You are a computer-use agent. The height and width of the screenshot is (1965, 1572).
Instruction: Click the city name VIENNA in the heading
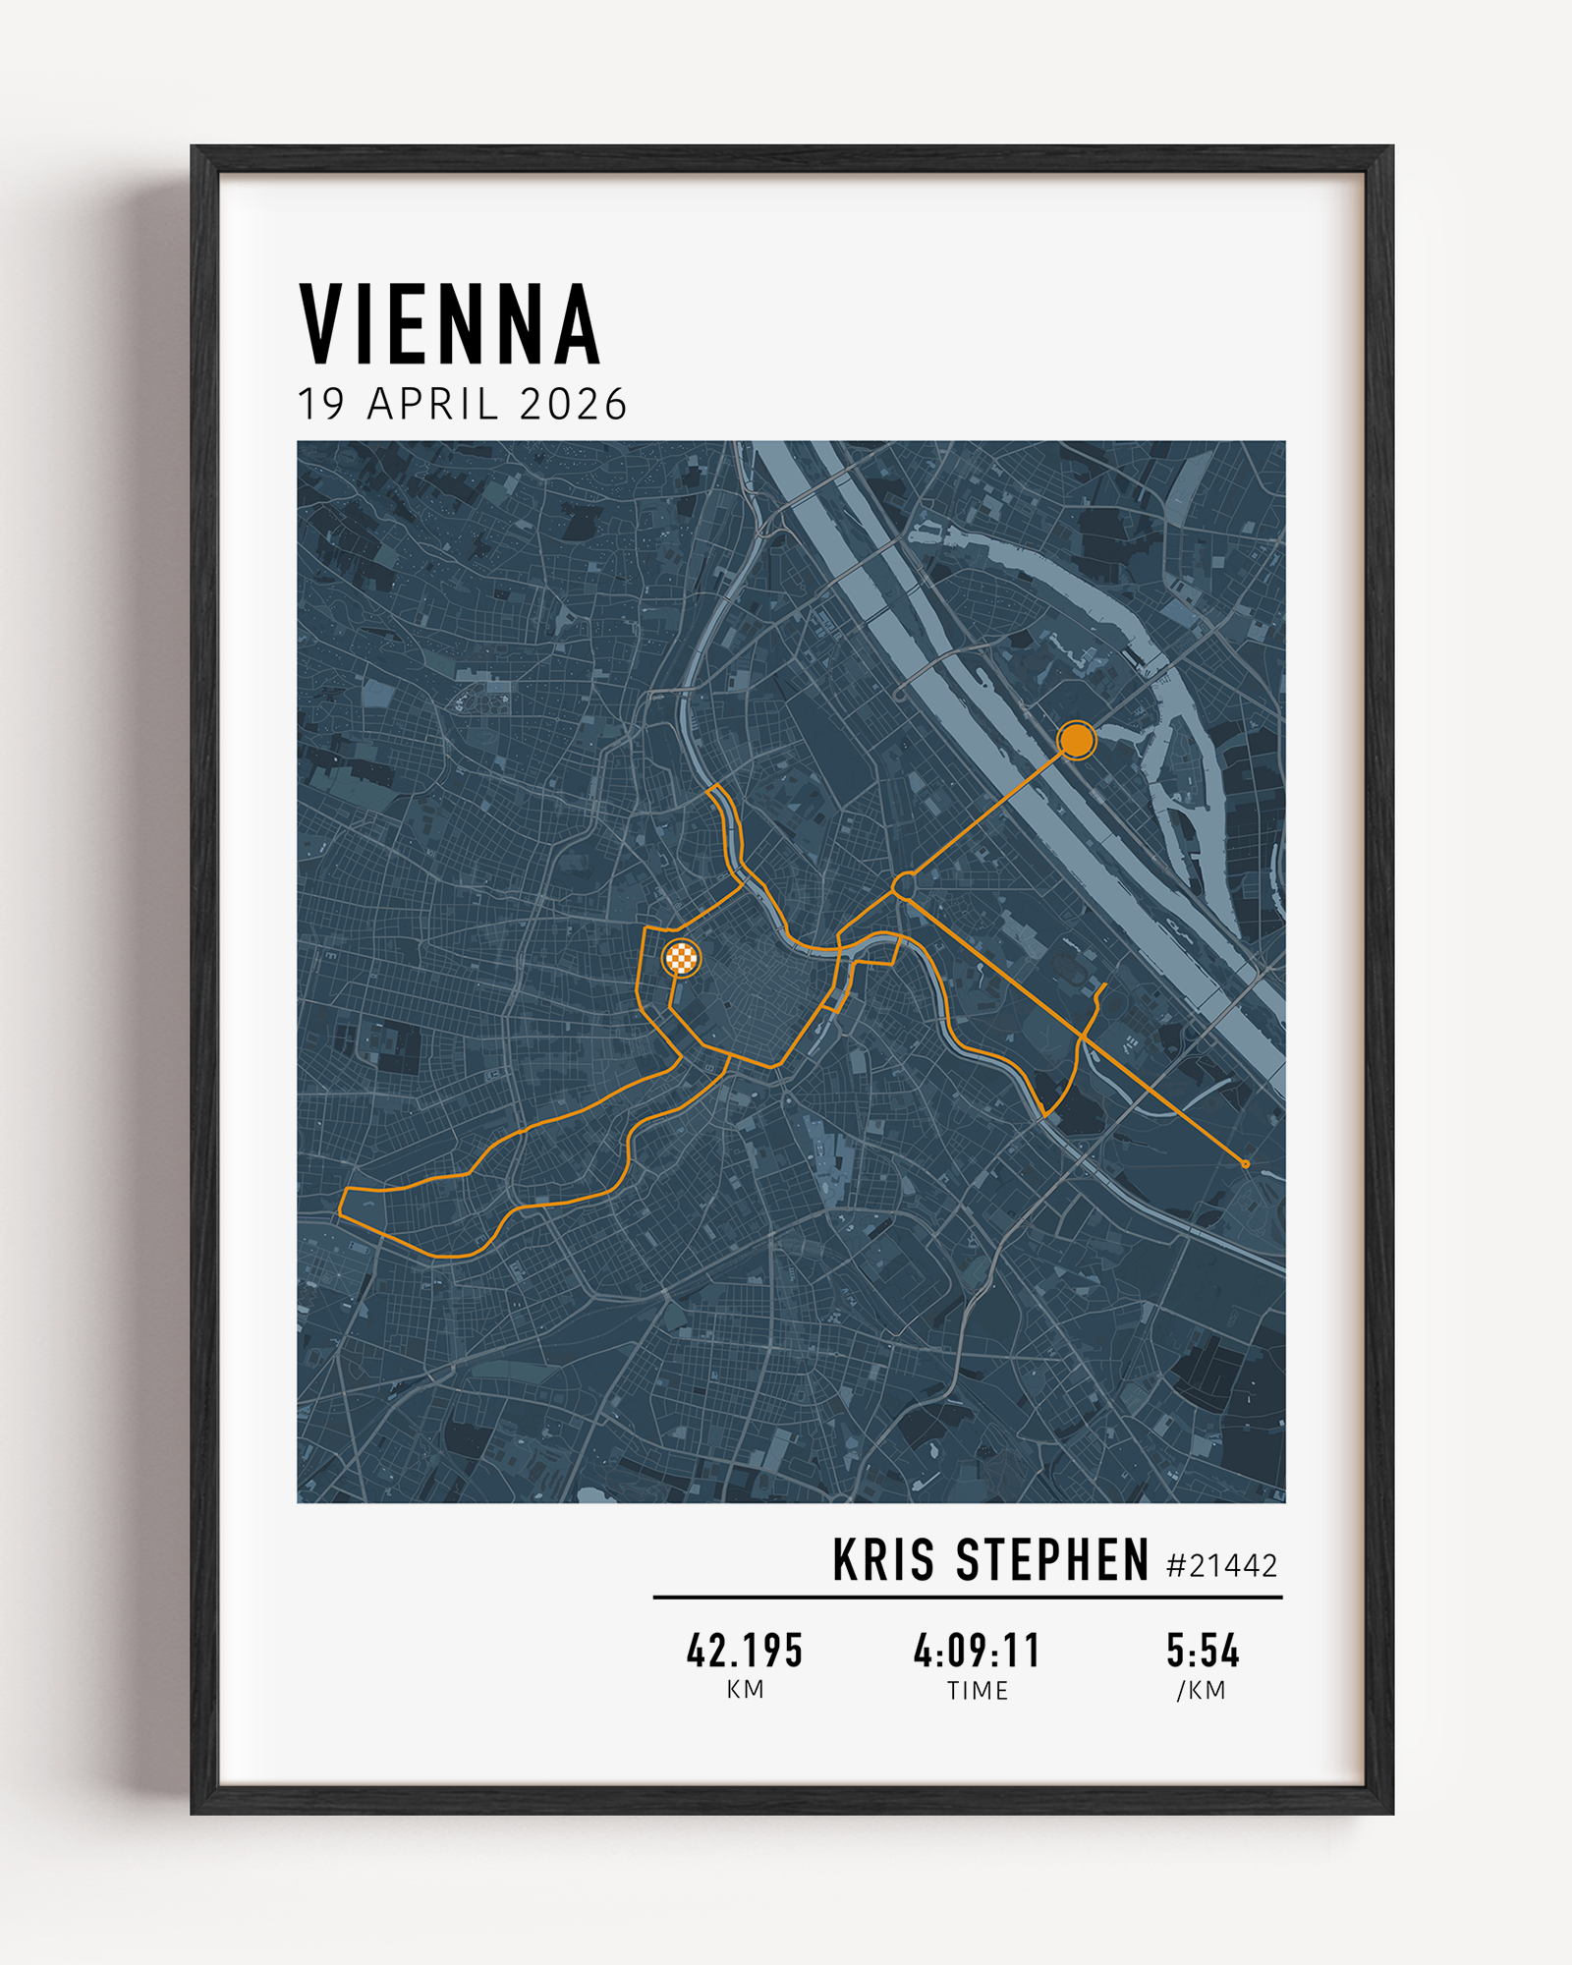point(449,324)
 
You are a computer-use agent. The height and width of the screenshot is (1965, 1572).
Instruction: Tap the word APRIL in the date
point(432,405)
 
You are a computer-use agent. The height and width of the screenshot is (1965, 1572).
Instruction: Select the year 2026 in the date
point(573,405)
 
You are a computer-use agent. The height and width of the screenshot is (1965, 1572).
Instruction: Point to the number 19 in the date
point(320,405)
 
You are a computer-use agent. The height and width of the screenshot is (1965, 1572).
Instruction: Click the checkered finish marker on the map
point(682,957)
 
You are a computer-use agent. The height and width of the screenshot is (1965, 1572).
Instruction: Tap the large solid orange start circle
point(1077,740)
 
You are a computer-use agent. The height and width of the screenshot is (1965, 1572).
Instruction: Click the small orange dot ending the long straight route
point(1246,1164)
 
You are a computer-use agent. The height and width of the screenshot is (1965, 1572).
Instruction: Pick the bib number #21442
point(1221,1566)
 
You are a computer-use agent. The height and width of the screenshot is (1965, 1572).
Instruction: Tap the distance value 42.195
point(745,1651)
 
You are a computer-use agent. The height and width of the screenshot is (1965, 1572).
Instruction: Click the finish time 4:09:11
point(977,1651)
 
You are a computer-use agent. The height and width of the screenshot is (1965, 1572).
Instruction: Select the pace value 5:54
point(1203,1651)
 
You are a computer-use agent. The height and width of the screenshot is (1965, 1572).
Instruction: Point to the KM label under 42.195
point(745,1690)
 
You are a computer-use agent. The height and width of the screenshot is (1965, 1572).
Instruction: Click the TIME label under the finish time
point(977,1691)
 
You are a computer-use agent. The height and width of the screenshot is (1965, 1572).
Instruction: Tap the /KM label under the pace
point(1202,1691)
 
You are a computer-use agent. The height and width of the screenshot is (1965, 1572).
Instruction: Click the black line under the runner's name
point(968,1598)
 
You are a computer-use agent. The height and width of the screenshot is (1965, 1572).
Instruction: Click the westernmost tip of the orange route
point(340,1214)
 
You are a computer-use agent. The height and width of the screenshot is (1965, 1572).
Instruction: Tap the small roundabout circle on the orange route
point(904,885)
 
